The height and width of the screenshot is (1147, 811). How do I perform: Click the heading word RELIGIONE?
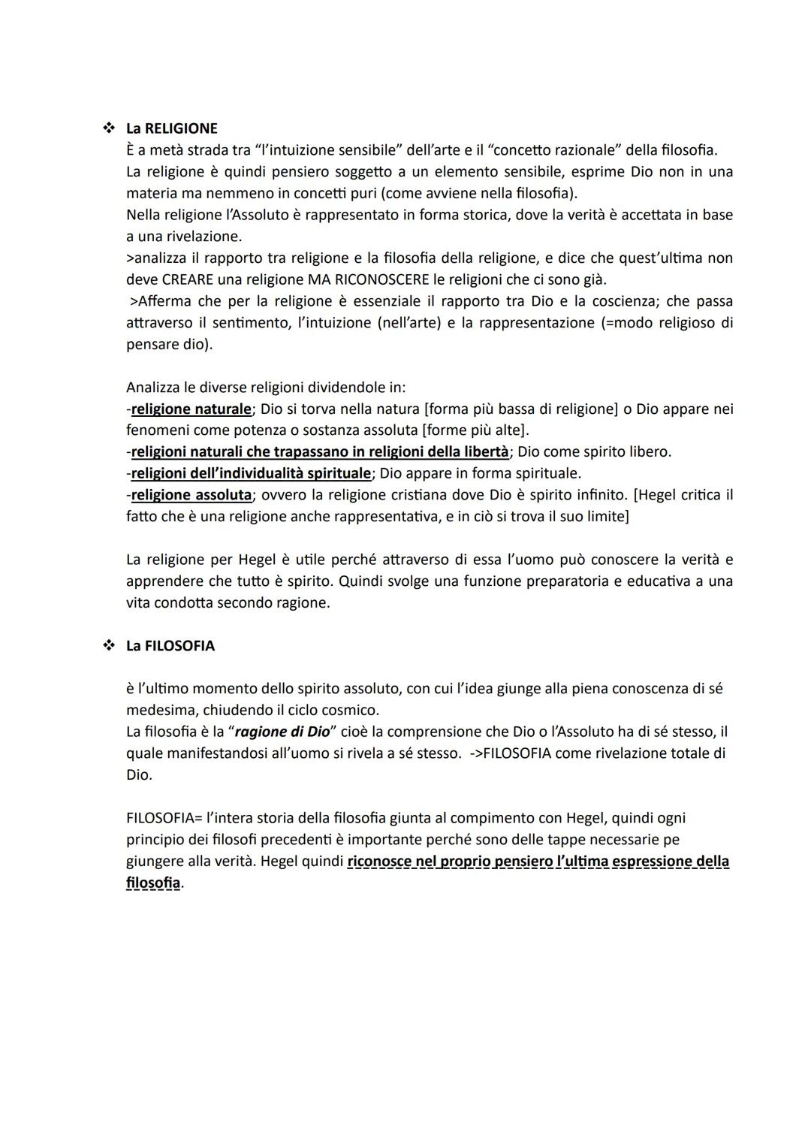tap(181, 128)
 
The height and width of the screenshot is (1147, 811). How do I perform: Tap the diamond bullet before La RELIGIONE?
tap(107, 128)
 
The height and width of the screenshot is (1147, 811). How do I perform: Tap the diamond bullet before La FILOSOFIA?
tap(107, 646)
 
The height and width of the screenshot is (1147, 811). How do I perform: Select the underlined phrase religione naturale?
tap(191, 409)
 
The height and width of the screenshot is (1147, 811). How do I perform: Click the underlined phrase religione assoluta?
tap(191, 495)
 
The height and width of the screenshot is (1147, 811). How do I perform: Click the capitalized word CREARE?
tap(189, 279)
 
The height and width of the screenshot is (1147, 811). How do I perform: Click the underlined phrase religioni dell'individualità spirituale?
tap(251, 473)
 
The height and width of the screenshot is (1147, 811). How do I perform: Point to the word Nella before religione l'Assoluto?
tap(144, 215)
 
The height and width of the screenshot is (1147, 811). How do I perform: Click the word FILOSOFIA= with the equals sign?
tap(164, 818)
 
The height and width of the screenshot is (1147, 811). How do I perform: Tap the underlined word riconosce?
tap(379, 862)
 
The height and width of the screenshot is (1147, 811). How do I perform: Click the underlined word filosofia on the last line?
tap(153, 883)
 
